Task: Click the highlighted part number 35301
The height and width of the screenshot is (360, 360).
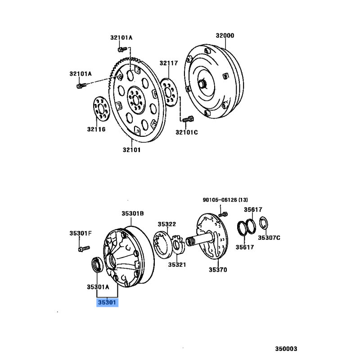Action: (x=107, y=302)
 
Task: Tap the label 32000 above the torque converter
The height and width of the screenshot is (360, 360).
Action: (x=225, y=36)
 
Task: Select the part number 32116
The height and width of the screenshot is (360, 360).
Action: (x=96, y=129)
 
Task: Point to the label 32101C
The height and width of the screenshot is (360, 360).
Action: (x=187, y=132)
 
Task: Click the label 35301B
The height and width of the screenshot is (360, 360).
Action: (x=133, y=213)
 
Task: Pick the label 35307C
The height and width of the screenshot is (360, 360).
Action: (x=269, y=238)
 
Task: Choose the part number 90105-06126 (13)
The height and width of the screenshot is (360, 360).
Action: (x=225, y=200)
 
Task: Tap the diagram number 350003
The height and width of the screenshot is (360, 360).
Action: (x=286, y=349)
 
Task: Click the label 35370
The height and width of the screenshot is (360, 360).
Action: (x=218, y=270)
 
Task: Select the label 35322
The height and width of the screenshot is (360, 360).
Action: (x=167, y=224)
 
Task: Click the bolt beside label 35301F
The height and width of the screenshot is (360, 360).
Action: (x=84, y=249)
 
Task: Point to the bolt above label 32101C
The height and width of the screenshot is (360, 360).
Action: (x=188, y=119)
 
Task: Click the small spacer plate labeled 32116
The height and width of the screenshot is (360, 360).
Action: (x=101, y=108)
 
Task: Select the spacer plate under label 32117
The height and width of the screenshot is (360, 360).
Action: (x=169, y=92)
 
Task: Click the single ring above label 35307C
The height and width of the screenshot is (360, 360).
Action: (x=264, y=223)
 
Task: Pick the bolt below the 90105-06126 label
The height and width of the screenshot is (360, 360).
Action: (x=223, y=215)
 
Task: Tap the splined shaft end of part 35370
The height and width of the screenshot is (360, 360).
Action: (x=190, y=242)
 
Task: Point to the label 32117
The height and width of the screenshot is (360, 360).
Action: (x=169, y=63)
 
